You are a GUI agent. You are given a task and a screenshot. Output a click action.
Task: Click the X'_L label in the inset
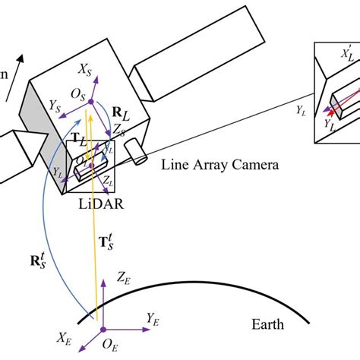(x=346, y=55)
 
